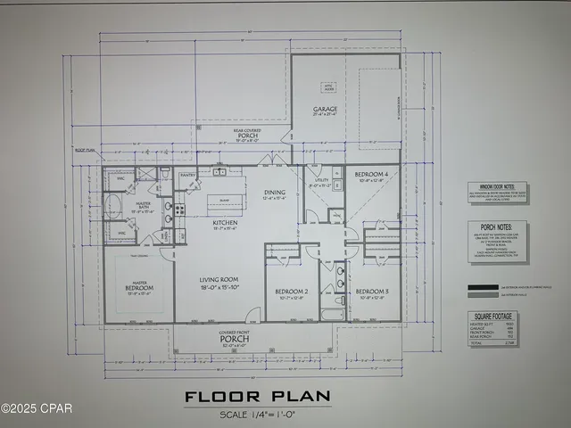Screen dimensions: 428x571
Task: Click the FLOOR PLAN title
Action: (x=257, y=396)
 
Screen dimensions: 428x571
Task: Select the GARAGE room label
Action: (x=323, y=111)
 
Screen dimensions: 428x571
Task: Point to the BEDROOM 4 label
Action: (x=370, y=173)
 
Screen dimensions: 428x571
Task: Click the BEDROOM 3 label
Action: (x=373, y=292)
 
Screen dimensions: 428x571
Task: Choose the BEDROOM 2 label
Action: (x=291, y=292)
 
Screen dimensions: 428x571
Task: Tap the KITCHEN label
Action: (x=224, y=224)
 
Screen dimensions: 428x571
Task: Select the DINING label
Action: (x=274, y=193)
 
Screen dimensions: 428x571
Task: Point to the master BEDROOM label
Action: (x=140, y=288)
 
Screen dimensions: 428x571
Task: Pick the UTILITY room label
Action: (x=319, y=181)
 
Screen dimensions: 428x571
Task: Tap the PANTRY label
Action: (x=187, y=176)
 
